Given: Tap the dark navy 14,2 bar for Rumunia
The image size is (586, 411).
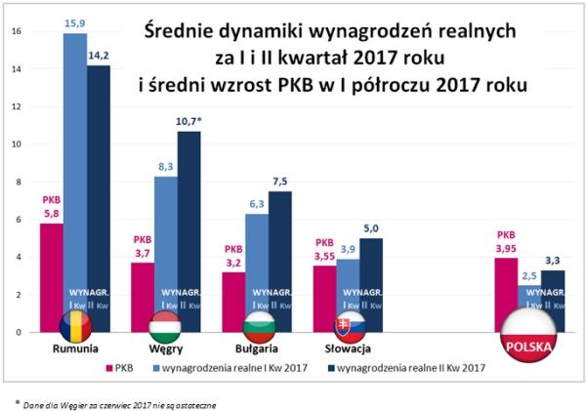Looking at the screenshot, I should coord(98,195).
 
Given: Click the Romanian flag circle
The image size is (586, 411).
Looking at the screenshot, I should coord(74,326).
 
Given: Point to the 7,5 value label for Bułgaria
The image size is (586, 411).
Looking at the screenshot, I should coord(280,182).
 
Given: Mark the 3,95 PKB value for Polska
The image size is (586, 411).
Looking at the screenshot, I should coord(506,248).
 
